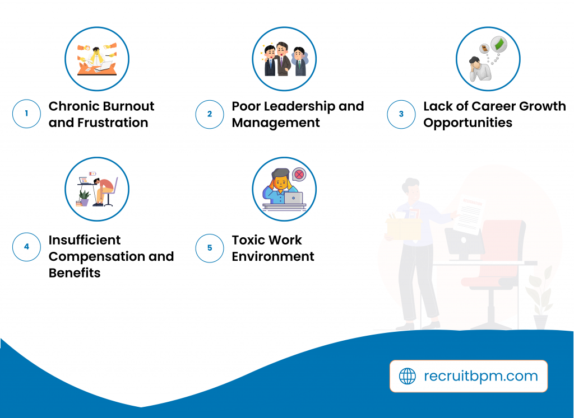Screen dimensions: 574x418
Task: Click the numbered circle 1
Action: coord(26,114)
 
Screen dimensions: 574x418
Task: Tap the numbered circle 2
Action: coord(210,114)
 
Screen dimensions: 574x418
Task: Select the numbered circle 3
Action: coord(401,114)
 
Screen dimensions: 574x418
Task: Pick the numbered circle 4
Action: coord(26,247)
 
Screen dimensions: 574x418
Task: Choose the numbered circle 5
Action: coord(210,248)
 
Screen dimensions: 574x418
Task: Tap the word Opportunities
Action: coord(468,123)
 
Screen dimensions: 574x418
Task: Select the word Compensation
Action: coord(96,257)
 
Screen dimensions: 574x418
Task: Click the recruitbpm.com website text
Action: coord(480,376)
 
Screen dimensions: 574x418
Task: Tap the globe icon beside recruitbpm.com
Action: coord(407,376)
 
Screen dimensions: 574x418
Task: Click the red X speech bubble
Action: coord(299,175)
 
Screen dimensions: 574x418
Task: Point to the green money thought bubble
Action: coord(498,45)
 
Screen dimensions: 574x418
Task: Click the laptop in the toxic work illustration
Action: coord(293,198)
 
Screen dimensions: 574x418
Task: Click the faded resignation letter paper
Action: coord(469,214)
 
